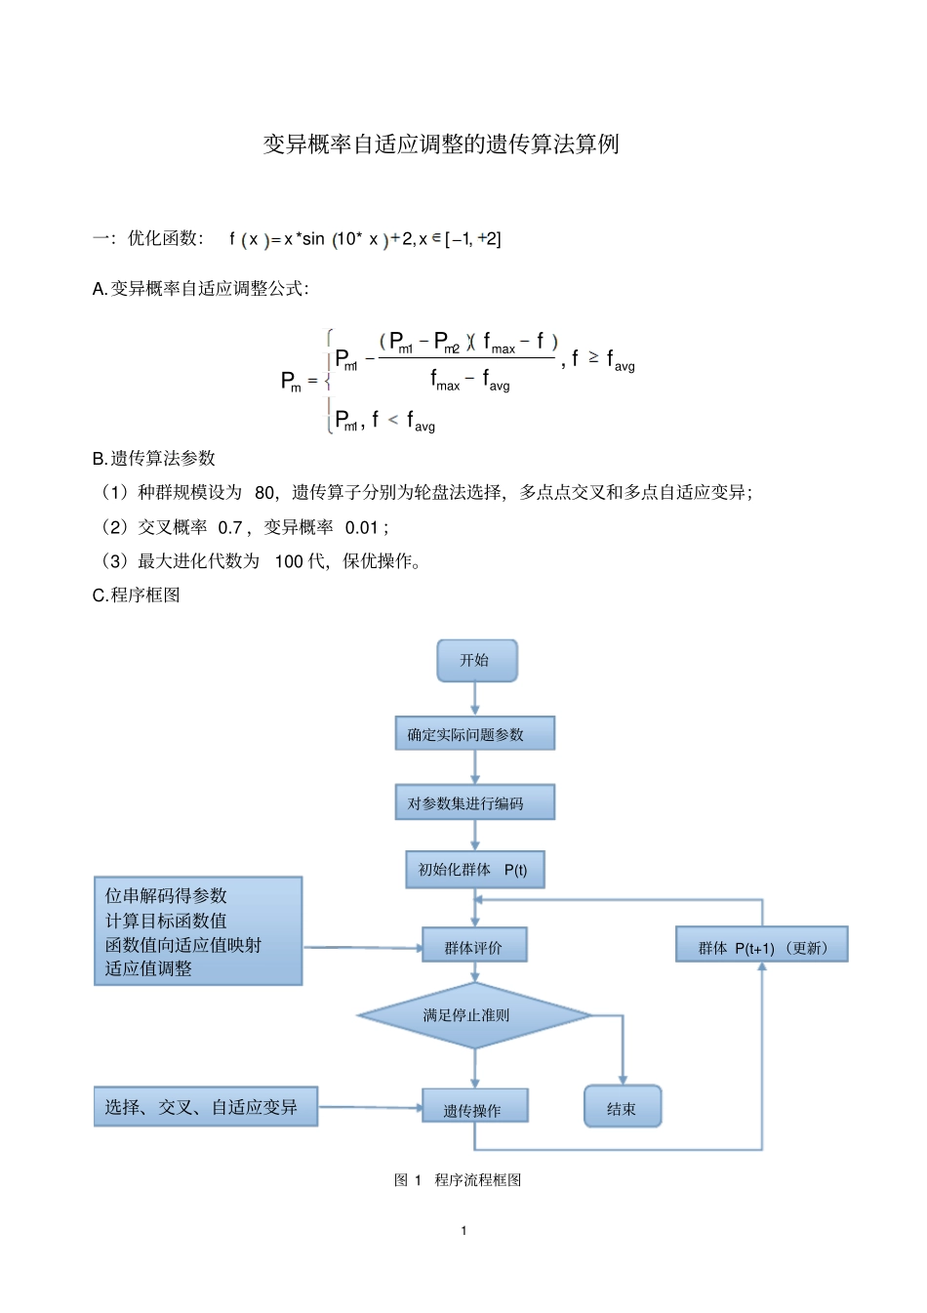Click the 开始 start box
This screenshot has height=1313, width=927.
point(476,661)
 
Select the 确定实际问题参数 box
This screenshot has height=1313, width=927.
point(474,734)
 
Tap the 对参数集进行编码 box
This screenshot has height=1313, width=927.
point(474,802)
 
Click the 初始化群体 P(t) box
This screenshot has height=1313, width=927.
point(474,869)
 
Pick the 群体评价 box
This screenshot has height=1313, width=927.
point(474,946)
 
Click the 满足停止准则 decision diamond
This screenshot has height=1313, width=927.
point(474,1015)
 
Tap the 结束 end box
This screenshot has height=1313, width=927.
point(623,1107)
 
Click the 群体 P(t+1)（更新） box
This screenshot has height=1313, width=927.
point(761,946)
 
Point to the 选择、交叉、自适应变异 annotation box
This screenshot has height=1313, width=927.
point(206,1107)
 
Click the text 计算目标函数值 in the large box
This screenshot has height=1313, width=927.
point(166,921)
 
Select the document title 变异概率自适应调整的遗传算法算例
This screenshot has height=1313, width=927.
point(441,144)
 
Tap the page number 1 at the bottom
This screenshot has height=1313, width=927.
point(463,1230)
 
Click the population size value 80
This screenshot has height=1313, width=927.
point(264,493)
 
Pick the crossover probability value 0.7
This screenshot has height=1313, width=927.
point(230,528)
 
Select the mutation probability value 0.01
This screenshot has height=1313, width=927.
point(361,528)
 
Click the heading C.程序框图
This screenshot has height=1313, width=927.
point(136,595)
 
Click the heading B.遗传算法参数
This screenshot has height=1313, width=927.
point(153,459)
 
